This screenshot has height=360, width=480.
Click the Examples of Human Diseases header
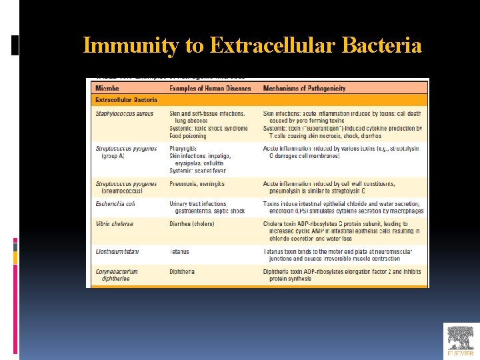(x=210, y=89)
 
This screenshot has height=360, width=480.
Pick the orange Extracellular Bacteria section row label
(x=127, y=100)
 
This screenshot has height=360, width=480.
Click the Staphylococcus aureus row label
(x=125, y=114)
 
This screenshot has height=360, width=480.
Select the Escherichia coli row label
(x=115, y=204)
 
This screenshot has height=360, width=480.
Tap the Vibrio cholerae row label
(x=115, y=224)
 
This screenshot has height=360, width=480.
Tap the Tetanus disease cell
(x=179, y=252)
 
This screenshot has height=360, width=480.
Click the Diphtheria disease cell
(x=182, y=272)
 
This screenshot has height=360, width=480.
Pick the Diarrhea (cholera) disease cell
(x=192, y=224)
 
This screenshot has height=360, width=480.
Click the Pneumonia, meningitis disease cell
(x=197, y=184)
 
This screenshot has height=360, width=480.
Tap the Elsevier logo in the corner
(x=461, y=341)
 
